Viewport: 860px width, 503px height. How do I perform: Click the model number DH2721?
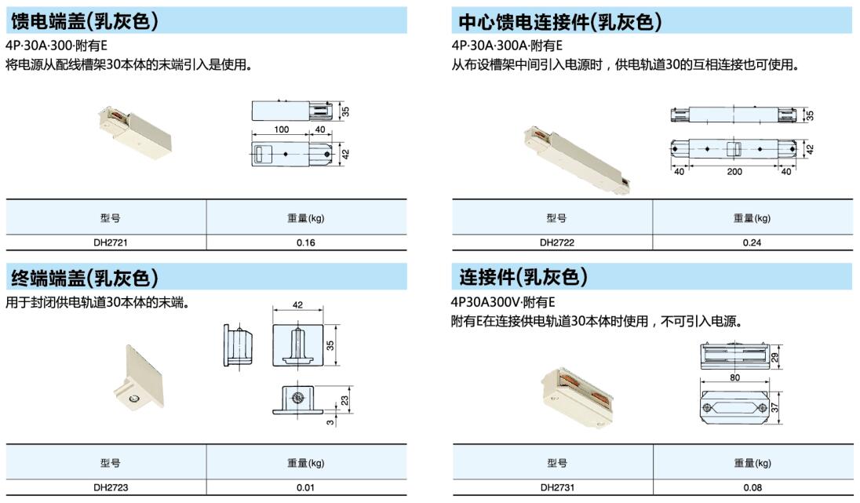(110, 242)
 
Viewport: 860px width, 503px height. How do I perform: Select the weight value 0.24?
(752, 242)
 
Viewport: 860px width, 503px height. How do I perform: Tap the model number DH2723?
(110, 487)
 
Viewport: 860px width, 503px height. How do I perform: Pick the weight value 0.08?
(752, 487)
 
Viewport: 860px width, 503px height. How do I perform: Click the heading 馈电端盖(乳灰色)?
(85, 21)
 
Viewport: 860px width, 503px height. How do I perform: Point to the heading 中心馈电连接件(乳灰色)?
(560, 21)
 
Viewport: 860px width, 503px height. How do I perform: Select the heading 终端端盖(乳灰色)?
(85, 278)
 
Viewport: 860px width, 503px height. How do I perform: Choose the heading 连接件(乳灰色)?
(523, 277)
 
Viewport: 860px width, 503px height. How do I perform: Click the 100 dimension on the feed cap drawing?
(282, 129)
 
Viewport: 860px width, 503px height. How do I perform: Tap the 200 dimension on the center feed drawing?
(734, 172)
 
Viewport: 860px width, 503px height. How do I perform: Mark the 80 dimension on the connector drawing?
(735, 377)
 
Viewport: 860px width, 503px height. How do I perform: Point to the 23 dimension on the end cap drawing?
(344, 401)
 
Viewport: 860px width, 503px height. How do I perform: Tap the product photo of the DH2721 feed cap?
(135, 131)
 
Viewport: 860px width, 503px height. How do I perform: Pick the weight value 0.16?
(305, 242)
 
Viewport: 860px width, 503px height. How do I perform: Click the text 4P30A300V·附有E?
(503, 302)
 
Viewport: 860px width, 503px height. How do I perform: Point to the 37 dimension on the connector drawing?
(774, 407)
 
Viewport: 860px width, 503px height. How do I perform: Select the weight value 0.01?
(305, 487)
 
